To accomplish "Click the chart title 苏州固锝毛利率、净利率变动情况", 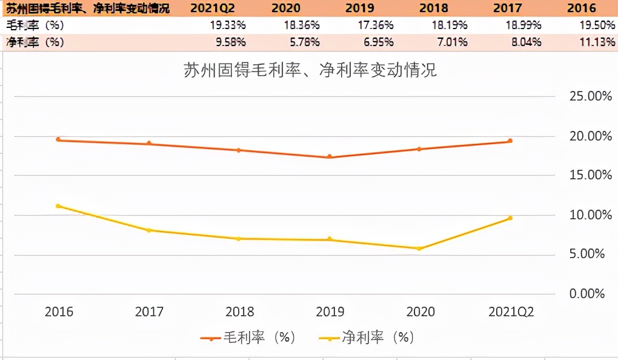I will pyautogui.click(x=310, y=70).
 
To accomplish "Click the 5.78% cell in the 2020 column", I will pyautogui.click(x=302, y=42).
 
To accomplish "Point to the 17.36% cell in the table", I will pyautogui.click(x=376, y=25).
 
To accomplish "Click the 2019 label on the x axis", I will pyautogui.click(x=330, y=312).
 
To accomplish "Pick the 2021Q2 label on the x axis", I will pyautogui.click(x=511, y=312).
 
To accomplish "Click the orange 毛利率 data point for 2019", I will pyautogui.click(x=330, y=157).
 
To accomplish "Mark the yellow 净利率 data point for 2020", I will pyautogui.click(x=419, y=248).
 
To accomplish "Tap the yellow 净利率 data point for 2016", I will pyautogui.click(x=58, y=206).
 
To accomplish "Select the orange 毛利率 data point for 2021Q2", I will pyautogui.click(x=510, y=141).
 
